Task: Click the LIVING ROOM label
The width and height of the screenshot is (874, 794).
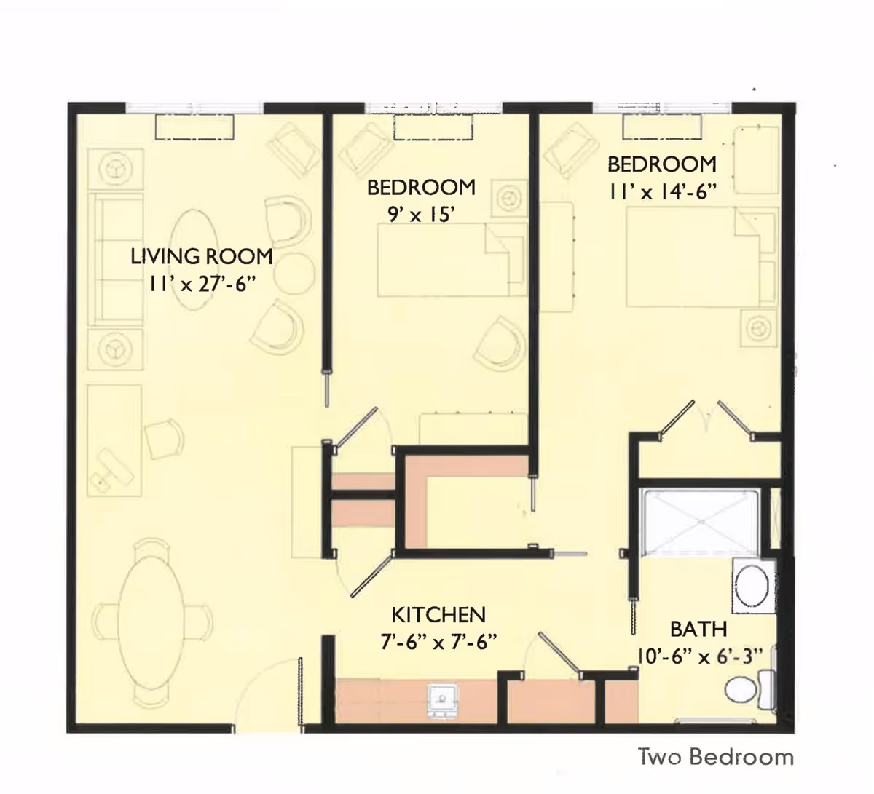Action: click(x=202, y=256)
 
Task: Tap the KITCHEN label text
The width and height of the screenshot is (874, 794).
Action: click(x=438, y=615)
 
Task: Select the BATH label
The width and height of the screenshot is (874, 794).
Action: click(x=698, y=629)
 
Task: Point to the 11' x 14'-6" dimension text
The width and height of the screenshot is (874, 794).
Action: click(x=662, y=191)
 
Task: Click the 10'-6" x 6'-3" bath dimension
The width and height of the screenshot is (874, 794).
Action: click(x=700, y=656)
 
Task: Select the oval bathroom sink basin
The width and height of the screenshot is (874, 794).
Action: click(x=752, y=586)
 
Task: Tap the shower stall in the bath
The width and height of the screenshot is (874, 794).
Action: click(x=702, y=523)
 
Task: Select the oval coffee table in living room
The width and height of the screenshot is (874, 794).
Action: click(x=194, y=260)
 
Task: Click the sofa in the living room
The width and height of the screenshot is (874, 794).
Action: click(x=116, y=260)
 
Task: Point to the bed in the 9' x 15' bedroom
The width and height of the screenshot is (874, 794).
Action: click(x=452, y=260)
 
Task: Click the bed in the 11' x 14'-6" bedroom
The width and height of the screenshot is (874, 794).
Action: click(x=701, y=257)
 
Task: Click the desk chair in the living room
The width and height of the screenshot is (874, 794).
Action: click(x=164, y=439)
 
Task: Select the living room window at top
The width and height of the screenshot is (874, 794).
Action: click(x=194, y=108)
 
